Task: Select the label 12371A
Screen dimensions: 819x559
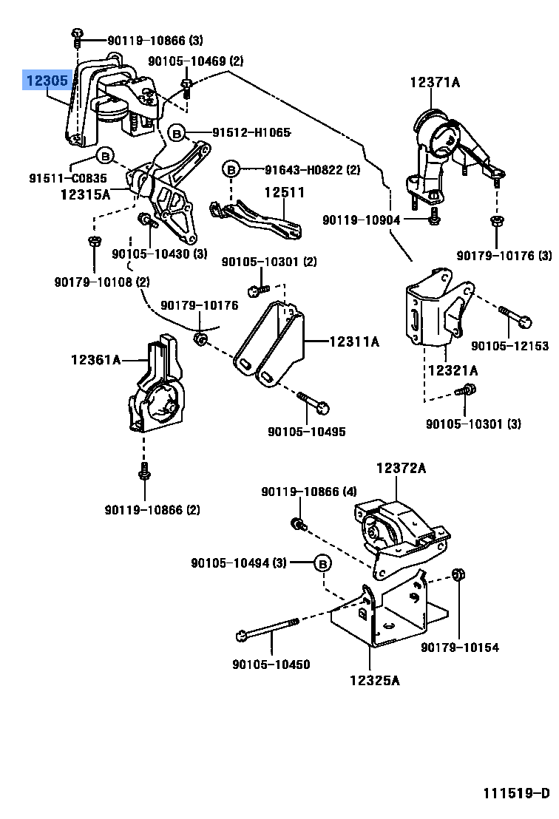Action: (435, 83)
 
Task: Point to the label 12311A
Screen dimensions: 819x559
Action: (353, 341)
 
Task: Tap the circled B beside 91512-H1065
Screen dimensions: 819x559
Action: (176, 133)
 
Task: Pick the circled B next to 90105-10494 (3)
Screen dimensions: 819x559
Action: (322, 563)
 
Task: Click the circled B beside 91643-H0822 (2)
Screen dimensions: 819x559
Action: (231, 169)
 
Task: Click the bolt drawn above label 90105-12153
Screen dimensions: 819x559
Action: (515, 316)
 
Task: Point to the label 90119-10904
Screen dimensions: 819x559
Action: (361, 220)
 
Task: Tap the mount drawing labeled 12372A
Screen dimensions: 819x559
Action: (399, 532)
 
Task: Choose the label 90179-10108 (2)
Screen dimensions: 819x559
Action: (101, 282)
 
